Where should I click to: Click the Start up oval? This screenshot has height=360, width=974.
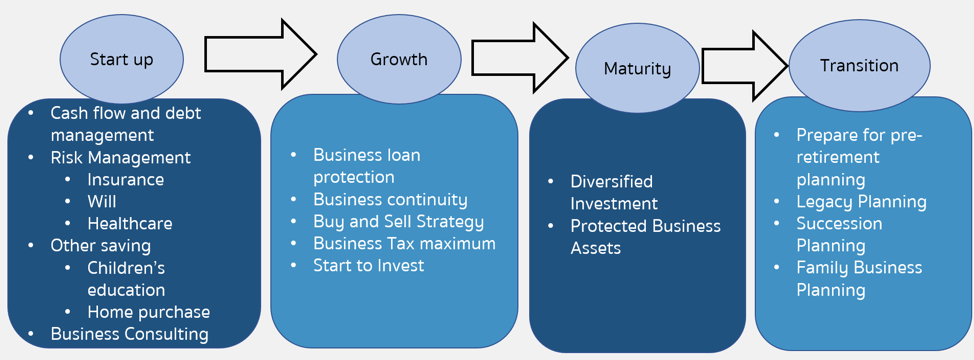122,59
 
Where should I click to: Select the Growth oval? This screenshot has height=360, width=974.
399,59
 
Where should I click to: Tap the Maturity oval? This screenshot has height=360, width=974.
637,68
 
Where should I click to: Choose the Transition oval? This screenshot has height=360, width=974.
859,65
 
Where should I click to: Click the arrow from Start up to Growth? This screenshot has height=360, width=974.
261,54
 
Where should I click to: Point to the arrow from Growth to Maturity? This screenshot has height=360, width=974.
520,58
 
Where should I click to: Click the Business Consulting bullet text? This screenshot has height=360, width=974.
129,333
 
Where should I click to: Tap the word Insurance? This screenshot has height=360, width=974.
125,179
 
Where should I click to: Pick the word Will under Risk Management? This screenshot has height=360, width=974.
102,201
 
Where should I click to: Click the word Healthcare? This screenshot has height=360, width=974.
130,223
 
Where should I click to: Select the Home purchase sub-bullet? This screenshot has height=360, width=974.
148,312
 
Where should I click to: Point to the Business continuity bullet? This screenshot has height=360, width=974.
390,199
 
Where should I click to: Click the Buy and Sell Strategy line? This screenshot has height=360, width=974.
398,222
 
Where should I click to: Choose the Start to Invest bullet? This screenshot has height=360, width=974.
368,266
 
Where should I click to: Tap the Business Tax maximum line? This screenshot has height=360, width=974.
404,243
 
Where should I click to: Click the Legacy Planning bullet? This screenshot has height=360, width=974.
862,202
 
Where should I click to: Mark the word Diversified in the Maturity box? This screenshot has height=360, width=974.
611,181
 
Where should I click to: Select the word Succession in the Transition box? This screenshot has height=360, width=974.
839,223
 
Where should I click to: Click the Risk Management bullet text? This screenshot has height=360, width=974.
121,158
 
